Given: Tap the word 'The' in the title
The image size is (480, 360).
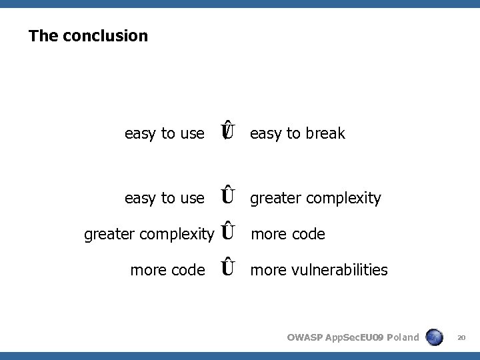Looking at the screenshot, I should (x=43, y=36).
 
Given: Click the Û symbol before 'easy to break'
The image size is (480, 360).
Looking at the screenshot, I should (x=228, y=131).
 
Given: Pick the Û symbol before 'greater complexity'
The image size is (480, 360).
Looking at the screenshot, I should (x=228, y=196).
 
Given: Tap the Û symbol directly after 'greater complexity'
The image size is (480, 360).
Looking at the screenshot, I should (x=228, y=232).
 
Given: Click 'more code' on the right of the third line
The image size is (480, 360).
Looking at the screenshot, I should (x=287, y=234).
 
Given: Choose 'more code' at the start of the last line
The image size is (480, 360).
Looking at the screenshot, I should (x=167, y=270).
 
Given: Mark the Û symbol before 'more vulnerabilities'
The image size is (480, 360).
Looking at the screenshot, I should (x=228, y=268).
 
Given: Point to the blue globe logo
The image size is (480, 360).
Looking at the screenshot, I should (x=435, y=337).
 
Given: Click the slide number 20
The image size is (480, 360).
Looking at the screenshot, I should (x=461, y=337).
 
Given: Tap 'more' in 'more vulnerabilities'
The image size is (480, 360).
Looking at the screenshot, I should (x=267, y=270).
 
